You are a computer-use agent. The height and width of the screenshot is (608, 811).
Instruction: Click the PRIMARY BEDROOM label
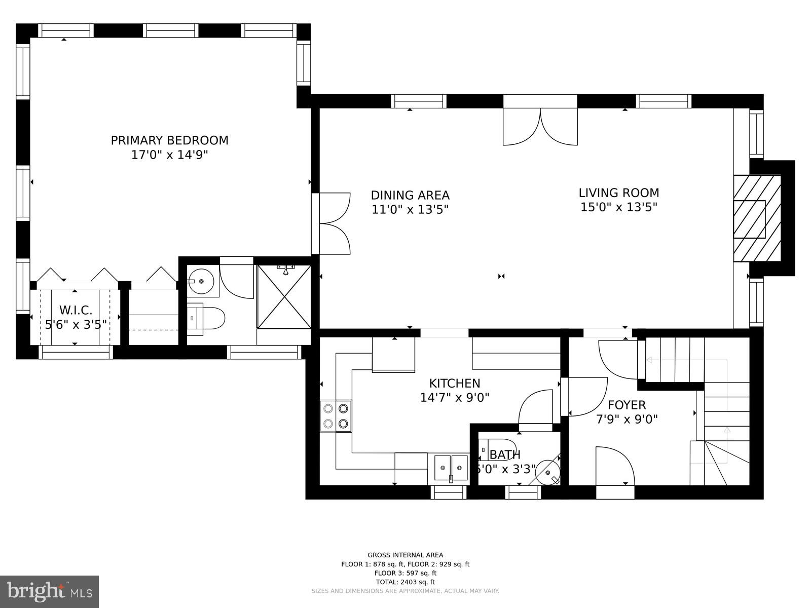pos(169,140)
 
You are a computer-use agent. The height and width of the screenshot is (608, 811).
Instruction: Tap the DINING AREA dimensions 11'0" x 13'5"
pos(410,209)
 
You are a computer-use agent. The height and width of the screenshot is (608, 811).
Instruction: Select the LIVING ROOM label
pos(619,193)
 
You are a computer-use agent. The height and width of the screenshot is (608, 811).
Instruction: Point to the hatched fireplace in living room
pos(757,218)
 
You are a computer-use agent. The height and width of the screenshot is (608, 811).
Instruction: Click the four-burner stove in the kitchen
pos(336,415)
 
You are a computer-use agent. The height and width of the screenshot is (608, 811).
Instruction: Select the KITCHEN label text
pos(454,384)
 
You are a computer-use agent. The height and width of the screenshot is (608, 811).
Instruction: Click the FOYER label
pos(626,405)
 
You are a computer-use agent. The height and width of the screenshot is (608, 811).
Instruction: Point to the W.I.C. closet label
pos(76,310)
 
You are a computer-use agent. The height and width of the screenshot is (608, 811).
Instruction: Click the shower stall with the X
pos(284,297)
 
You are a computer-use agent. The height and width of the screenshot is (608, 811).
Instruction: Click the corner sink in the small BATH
pos(548,472)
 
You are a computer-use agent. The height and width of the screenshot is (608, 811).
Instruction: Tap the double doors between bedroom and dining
pos(332,223)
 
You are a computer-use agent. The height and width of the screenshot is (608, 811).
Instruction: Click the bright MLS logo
pos(49,591)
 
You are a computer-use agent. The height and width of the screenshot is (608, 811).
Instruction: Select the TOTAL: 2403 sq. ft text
pos(405,582)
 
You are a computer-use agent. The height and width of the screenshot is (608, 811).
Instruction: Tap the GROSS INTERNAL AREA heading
pos(405,555)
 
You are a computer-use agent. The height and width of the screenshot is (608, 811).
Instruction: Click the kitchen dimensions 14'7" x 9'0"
pos(454,398)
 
